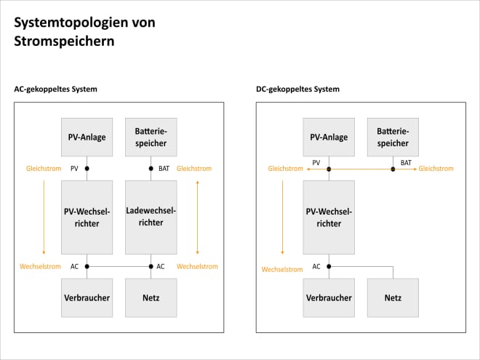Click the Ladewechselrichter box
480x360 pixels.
(151, 217)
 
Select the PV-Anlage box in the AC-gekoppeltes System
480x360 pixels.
(87, 137)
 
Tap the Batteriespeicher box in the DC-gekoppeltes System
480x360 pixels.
(393, 137)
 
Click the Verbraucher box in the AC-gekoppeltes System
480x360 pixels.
(87, 297)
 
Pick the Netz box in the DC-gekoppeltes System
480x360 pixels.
(393, 297)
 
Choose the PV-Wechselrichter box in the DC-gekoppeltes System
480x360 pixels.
(329, 217)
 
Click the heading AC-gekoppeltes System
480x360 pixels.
(55, 89)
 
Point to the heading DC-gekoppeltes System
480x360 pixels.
(297, 89)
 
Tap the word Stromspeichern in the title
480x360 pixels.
(64, 41)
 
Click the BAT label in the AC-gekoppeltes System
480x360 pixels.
(164, 169)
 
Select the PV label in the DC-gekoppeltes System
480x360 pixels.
(316, 163)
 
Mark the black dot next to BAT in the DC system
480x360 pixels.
(393, 169)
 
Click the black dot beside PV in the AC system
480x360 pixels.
(87, 169)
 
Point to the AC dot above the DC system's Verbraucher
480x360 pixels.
(329, 266)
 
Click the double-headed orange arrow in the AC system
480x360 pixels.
(197, 217)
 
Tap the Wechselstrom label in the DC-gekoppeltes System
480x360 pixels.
(281, 269)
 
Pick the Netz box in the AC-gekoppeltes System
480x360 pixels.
(151, 297)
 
